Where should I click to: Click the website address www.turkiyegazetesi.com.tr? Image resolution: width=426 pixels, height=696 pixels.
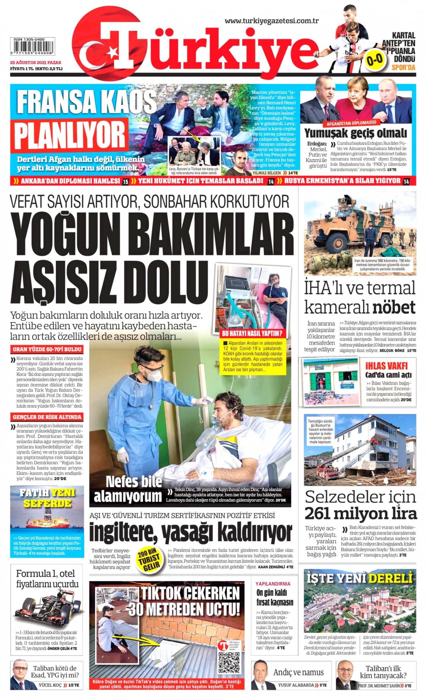[x=271, y=21]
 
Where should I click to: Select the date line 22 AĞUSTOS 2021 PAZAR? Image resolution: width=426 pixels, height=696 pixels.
[x=35, y=63]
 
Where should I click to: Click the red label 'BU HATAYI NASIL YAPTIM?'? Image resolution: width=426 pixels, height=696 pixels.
[x=252, y=333]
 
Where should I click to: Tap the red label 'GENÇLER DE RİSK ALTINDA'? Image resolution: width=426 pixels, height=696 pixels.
[x=47, y=417]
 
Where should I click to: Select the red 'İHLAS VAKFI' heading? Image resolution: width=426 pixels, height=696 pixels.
[x=386, y=366]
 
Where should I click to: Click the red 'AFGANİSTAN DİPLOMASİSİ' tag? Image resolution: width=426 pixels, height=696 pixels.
[x=351, y=123]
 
